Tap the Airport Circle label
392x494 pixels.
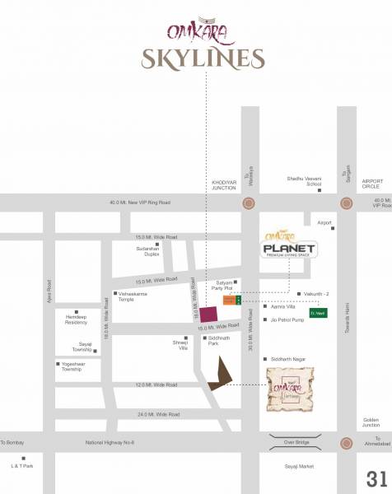pyautogui.click(x=372, y=184)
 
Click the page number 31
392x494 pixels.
pyautogui.click(x=376, y=478)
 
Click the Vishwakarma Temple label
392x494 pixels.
pyautogui.click(x=135, y=296)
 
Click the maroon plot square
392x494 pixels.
pyautogui.click(x=209, y=315)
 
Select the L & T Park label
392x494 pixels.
pyautogui.click(x=22, y=467)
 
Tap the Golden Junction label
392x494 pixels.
pyautogui.click(x=371, y=422)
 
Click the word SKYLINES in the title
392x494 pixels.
pyautogui.click(x=202, y=58)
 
